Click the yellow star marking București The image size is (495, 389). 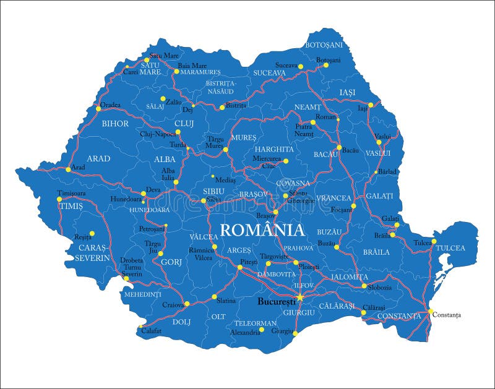coord(300,297)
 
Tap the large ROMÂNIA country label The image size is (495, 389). coord(262,230)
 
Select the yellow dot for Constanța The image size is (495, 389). coord(431,312)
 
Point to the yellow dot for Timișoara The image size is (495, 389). coord(59,199)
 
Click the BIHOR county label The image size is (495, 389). coord(115,124)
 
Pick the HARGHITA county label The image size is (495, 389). coord(273,149)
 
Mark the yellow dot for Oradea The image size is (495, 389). coord(98,109)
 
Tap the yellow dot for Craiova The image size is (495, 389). coord(186,304)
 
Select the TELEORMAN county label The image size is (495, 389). coord(255,323)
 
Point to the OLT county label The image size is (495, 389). coord(218,316)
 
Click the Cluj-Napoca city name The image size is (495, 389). coord(158,134)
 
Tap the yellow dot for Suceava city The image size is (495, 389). coord(301,66)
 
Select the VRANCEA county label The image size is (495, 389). coord(334,198)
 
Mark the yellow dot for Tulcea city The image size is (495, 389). coord(434,241)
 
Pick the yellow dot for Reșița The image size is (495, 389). coord(92,234)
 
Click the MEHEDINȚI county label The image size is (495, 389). coord(142,294)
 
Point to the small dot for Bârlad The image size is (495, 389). coord(376,172)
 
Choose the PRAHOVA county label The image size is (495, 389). coord(298,248)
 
